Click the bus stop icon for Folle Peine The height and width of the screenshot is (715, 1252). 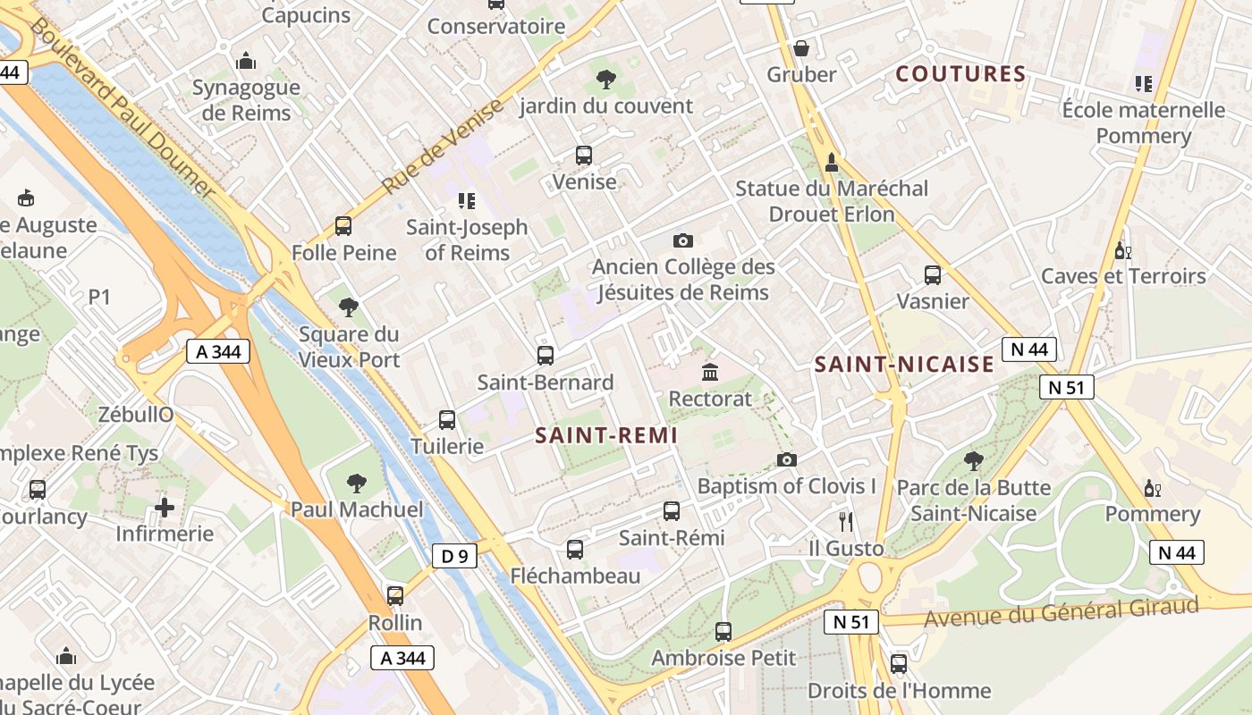click(x=343, y=226)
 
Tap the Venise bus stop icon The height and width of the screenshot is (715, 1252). click(x=584, y=156)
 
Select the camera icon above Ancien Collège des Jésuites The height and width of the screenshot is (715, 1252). click(x=683, y=240)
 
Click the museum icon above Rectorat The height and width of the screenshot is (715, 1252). click(x=710, y=372)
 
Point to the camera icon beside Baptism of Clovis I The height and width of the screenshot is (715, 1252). click(x=787, y=459)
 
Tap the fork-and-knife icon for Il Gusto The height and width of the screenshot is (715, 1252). click(x=846, y=521)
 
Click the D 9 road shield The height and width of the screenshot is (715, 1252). click(x=455, y=557)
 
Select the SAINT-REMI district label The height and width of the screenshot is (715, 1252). click(x=606, y=435)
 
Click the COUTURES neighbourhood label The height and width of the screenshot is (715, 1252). click(x=960, y=74)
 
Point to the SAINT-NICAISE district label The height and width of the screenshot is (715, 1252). click(x=905, y=364)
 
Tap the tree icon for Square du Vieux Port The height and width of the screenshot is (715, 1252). click(x=349, y=307)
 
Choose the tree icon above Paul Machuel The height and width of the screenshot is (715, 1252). click(x=357, y=484)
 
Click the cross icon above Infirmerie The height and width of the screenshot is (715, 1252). click(x=165, y=508)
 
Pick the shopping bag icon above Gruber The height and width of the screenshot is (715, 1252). click(x=801, y=47)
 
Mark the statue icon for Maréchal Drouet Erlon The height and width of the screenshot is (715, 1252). click(x=832, y=162)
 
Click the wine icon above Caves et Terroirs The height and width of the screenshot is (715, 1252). click(x=1123, y=250)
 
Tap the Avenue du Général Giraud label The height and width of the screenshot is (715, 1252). click(x=1061, y=613)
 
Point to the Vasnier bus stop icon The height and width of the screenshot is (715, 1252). click(x=933, y=275)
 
